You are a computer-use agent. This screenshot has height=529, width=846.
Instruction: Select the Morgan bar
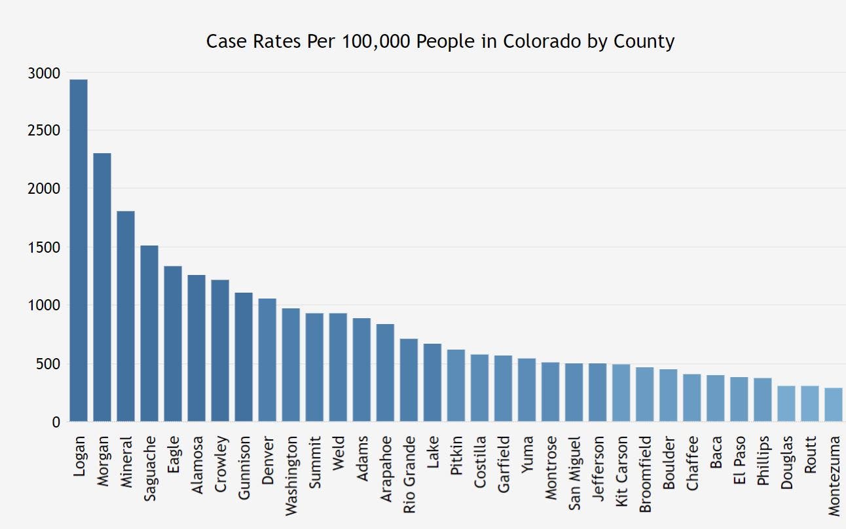102,287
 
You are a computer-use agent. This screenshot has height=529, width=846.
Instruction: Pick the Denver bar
267,360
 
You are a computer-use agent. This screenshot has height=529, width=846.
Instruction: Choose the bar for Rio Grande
409,380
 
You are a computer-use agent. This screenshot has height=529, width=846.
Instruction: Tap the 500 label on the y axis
49,365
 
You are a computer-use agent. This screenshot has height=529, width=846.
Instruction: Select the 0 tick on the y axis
56,423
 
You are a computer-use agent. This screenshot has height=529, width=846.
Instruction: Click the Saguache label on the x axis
149,469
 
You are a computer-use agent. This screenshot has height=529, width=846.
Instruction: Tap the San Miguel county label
574,473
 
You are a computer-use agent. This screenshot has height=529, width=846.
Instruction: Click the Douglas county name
786,462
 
